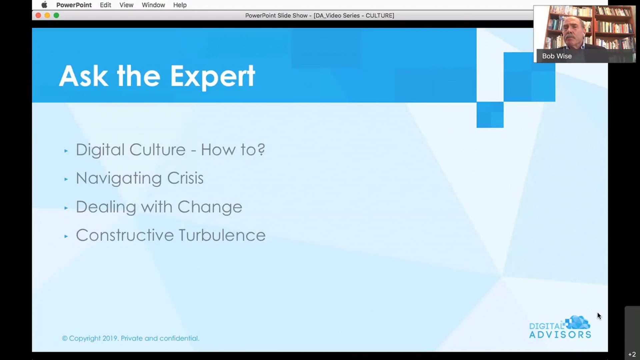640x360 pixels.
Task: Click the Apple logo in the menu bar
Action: point(44,5)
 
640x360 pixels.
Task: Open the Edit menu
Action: point(105,5)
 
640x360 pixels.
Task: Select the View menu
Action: point(126,5)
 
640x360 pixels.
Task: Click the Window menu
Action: point(153,5)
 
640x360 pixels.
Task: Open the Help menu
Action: point(180,5)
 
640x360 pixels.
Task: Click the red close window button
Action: point(38,15)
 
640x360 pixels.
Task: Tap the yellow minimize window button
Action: point(47,15)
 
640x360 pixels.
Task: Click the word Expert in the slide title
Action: point(213,77)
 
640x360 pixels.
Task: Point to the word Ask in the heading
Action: point(83,76)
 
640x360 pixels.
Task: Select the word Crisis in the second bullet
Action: point(185,178)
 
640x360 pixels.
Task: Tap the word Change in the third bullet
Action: point(210,207)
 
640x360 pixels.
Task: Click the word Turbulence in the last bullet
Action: point(222,235)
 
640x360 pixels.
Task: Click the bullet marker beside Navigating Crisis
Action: point(66,179)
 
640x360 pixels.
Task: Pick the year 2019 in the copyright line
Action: point(110,338)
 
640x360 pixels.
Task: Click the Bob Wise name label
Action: point(557,56)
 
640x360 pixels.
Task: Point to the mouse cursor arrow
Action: point(599,316)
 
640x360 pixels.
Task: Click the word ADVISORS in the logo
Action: point(560,335)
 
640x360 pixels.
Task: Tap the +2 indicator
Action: point(632,354)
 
